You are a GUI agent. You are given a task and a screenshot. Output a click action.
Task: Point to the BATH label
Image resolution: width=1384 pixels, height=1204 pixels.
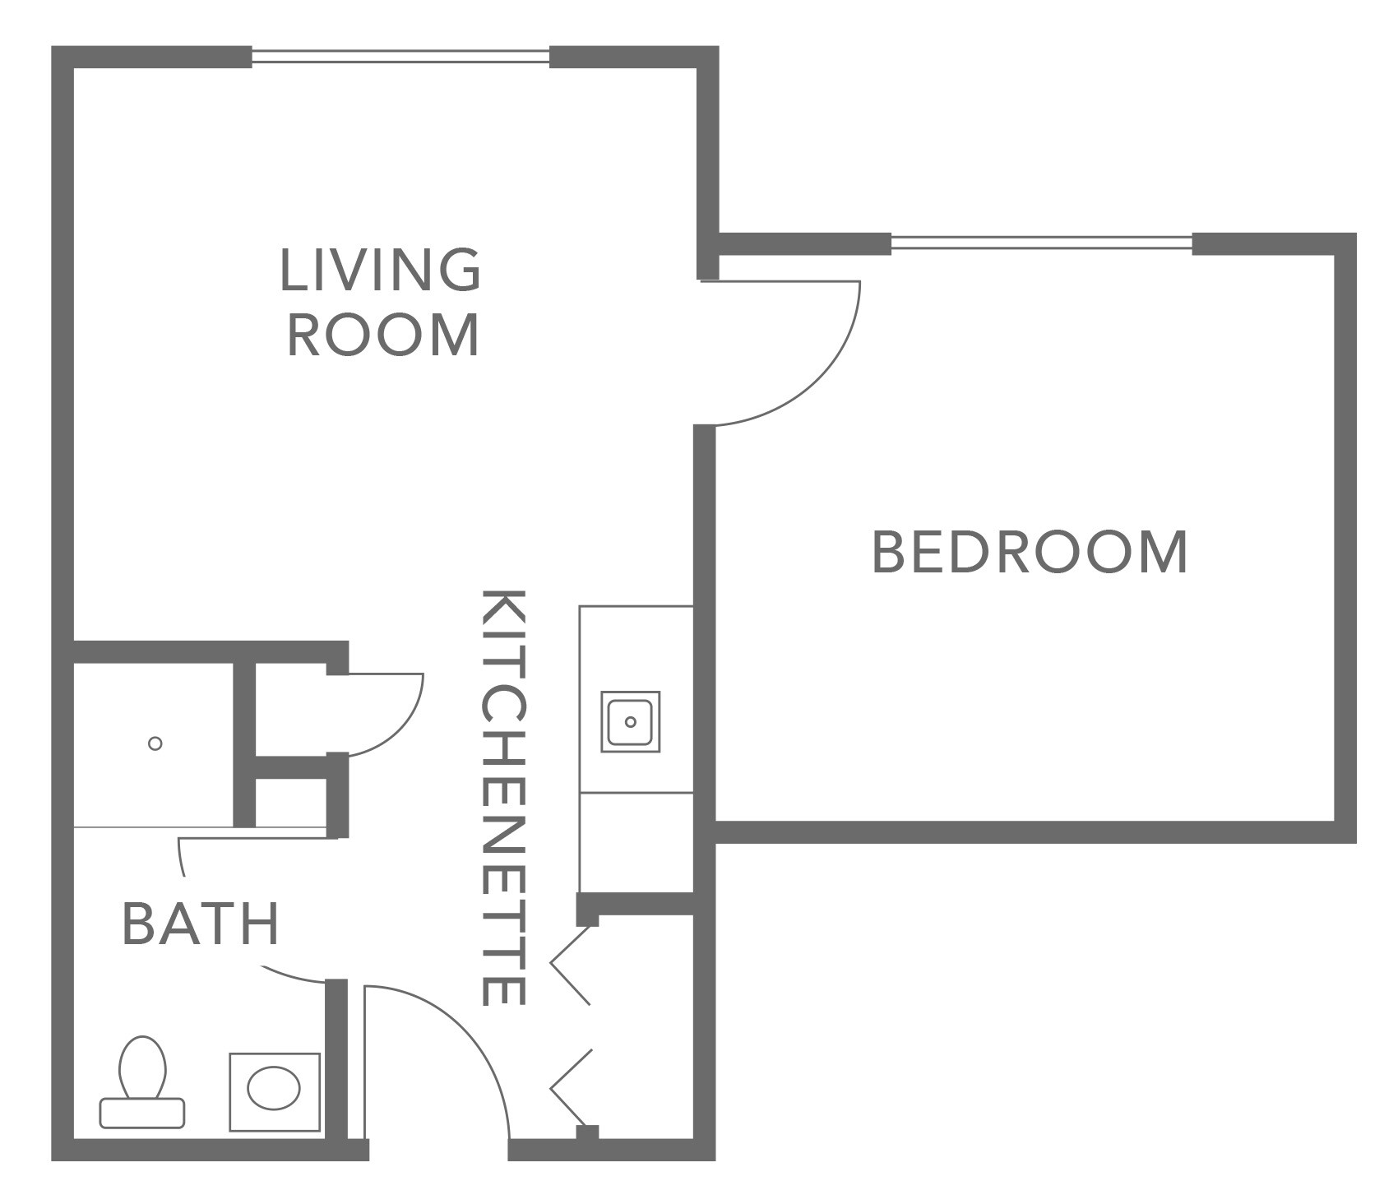pyautogui.click(x=201, y=923)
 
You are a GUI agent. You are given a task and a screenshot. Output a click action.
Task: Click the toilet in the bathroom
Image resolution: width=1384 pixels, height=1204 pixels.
pyautogui.click(x=142, y=1069)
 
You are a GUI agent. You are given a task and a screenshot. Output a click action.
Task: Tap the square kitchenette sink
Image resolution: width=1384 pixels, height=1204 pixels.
pyautogui.click(x=630, y=721)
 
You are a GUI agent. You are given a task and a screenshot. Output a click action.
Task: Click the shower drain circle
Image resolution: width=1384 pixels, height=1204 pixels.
pyautogui.click(x=155, y=743)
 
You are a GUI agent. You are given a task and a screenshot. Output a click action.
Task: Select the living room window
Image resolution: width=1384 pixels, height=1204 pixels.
pyautogui.click(x=400, y=57)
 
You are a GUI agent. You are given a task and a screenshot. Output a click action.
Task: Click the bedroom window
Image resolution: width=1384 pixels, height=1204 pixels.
pyautogui.click(x=1040, y=243)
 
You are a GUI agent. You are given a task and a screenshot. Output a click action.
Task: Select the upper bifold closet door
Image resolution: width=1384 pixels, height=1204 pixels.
pyautogui.click(x=571, y=964)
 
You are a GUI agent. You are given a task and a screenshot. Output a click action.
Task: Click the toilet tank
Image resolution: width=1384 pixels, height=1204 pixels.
pyautogui.click(x=141, y=1113)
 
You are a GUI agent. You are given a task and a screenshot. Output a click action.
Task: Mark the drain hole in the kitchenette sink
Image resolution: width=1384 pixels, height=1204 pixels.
pyautogui.click(x=630, y=721)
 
